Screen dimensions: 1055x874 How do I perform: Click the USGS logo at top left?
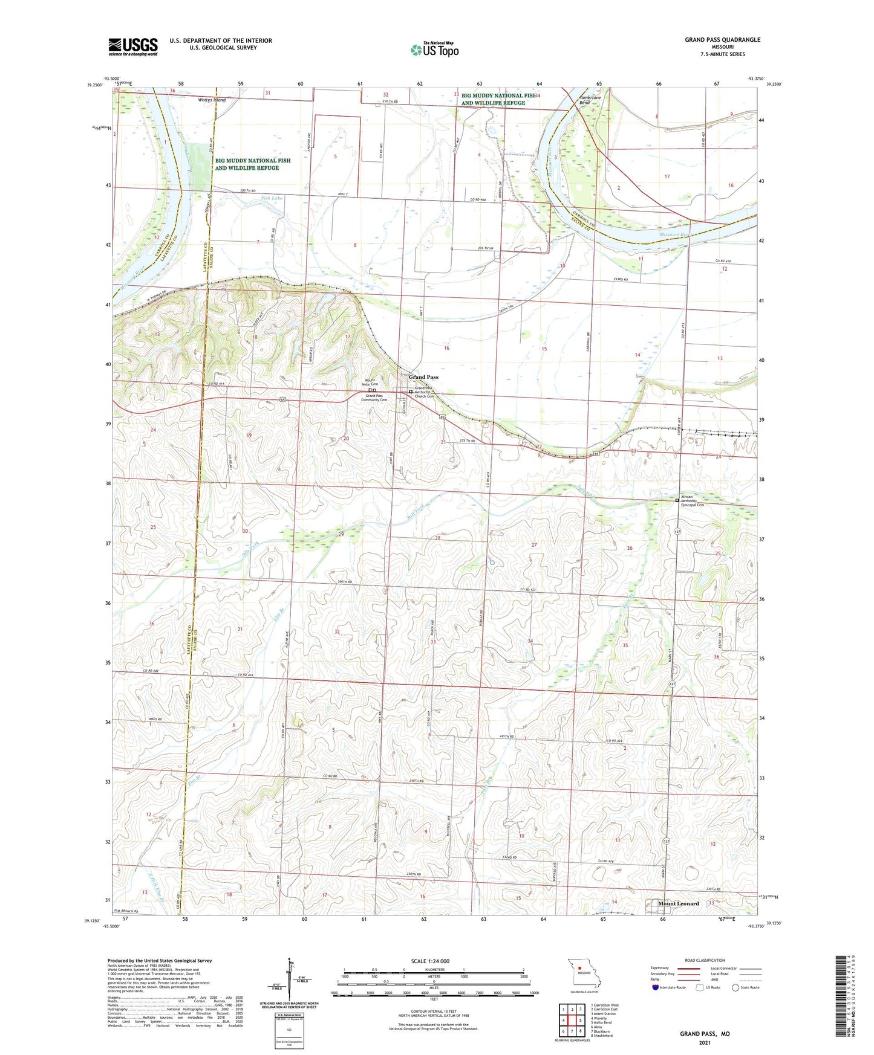132,47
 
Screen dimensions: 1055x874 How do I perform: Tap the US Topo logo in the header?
434,50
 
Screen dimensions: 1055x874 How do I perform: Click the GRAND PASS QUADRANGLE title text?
722,40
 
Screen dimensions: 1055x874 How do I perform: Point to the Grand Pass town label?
423,377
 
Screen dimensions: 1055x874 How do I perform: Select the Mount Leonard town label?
678,903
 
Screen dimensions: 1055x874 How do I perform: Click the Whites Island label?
211,100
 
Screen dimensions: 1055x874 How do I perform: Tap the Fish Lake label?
272,198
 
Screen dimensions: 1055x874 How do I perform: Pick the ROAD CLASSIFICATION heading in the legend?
704,960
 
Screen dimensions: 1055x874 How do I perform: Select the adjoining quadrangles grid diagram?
572,1019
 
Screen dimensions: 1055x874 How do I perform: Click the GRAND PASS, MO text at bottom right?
705,1034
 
